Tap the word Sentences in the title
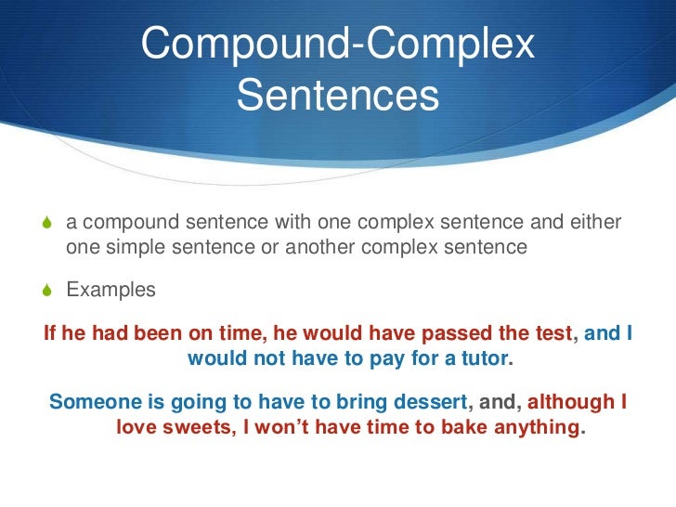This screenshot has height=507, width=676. coord(338,96)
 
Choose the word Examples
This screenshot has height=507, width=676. coord(111,291)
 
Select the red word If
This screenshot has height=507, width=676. coord(51,333)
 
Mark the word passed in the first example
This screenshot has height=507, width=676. coord(455,333)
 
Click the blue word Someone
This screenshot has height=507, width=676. coord(92,402)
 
